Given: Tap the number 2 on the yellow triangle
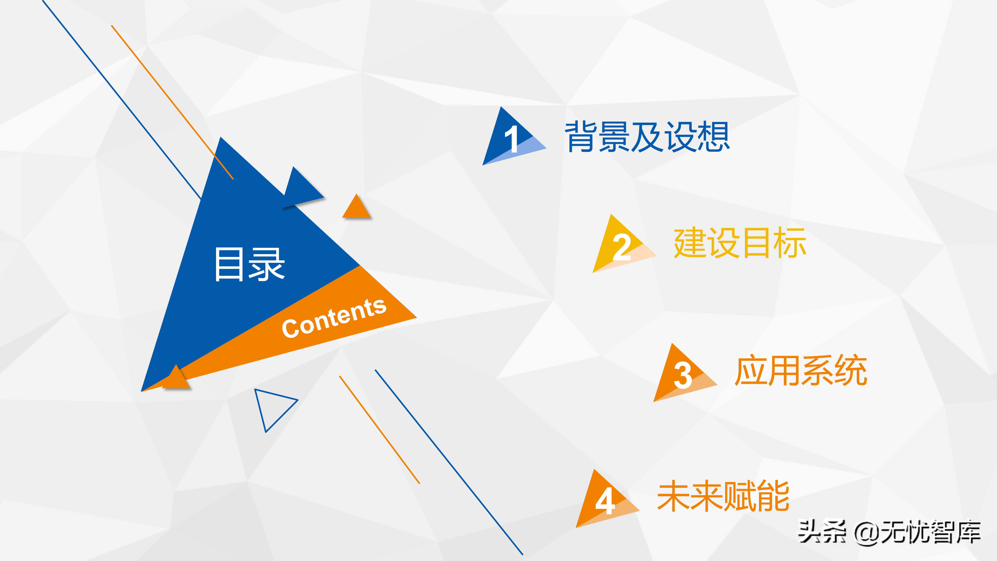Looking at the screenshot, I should (x=622, y=247).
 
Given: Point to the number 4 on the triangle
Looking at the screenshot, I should (x=605, y=501).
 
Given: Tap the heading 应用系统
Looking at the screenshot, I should (x=801, y=371).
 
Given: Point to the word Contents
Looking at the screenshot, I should (x=334, y=318).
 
